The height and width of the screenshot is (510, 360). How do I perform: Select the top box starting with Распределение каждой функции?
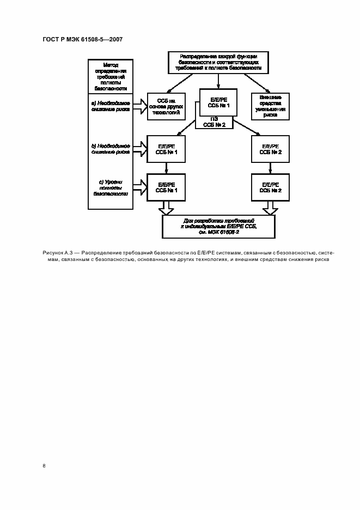point(218,62)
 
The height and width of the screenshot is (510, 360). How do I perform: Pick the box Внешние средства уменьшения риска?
point(270,106)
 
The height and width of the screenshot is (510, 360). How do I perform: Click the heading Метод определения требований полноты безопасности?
point(111,76)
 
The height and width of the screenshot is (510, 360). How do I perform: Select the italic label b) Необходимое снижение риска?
point(111,149)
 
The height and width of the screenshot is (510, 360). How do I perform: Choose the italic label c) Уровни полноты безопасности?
point(111,187)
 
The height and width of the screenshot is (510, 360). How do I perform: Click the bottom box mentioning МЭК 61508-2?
point(218,226)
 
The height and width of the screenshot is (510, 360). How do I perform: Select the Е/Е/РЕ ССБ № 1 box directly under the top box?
point(218,102)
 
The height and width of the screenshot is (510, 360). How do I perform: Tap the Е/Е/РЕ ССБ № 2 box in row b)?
point(270,149)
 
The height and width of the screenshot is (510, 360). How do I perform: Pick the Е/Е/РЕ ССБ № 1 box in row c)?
point(167,187)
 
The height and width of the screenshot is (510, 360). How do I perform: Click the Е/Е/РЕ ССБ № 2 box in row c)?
point(270,187)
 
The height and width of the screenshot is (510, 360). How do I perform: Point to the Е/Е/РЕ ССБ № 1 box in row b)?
point(167,149)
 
